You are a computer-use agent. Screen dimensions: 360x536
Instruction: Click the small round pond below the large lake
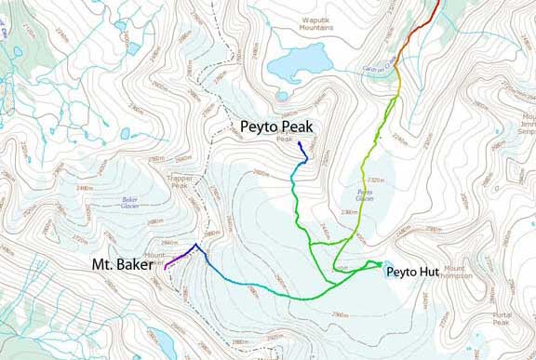click(282, 95)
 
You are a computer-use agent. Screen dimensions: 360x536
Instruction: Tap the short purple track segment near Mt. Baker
click(173, 260)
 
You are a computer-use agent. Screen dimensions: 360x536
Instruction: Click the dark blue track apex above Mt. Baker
click(194, 246)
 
